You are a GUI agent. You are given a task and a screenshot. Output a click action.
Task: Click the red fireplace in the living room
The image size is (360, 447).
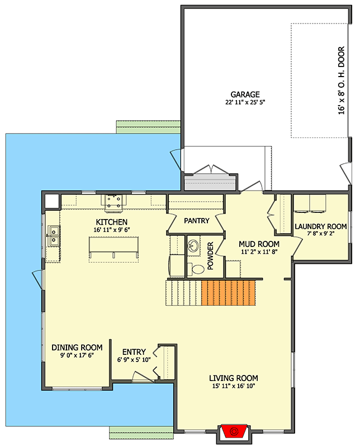click(234, 431)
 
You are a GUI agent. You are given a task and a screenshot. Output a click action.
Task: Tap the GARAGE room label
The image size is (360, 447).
click(245, 94)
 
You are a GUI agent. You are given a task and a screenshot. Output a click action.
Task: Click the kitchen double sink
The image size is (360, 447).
click(54, 236)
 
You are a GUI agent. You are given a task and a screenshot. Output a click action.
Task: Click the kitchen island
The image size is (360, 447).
click(113, 249)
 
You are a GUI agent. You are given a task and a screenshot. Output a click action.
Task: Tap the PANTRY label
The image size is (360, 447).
click(196, 221)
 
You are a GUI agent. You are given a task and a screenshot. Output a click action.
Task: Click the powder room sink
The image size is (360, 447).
click(193, 246)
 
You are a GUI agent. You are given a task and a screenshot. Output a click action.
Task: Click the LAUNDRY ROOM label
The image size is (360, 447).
click(320, 226)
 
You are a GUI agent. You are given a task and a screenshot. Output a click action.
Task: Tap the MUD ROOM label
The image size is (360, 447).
click(259, 244)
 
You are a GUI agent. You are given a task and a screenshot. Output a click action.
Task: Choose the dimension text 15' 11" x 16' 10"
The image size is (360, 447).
click(234, 386)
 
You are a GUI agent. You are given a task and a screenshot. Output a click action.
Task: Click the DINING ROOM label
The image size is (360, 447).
click(77, 348)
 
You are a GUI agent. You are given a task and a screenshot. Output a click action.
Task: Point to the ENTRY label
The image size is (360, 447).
click(134, 352)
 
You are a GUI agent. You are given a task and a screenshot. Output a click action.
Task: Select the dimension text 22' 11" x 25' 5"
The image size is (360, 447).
click(245, 103)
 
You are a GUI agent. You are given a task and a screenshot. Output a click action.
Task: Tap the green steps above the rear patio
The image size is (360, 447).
click(149, 127)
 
